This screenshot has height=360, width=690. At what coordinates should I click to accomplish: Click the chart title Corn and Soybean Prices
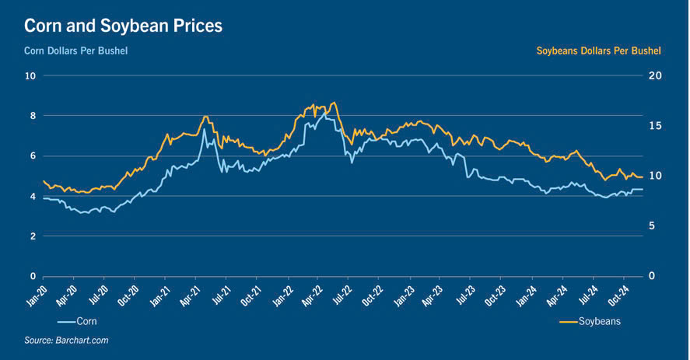[x=123, y=26]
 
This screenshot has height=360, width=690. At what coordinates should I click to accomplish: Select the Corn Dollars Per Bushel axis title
[x=75, y=51]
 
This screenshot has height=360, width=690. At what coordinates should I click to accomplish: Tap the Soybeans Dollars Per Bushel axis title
[x=598, y=51]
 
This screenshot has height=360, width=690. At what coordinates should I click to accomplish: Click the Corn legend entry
[x=86, y=320]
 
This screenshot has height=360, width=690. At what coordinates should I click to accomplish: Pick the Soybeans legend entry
[x=598, y=320]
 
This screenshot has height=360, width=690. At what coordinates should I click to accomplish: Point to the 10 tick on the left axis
[x=30, y=75]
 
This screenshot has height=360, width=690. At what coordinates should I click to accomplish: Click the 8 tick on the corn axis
[x=33, y=116]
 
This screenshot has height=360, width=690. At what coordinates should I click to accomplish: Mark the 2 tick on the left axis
[x=33, y=236]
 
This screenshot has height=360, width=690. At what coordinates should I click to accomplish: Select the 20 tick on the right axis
[x=654, y=75]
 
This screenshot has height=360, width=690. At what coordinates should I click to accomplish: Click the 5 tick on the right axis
[x=652, y=226]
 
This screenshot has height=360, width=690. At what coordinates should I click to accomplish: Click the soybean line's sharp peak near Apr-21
[x=205, y=117]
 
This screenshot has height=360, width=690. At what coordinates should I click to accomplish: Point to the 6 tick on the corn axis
[x=33, y=156]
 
